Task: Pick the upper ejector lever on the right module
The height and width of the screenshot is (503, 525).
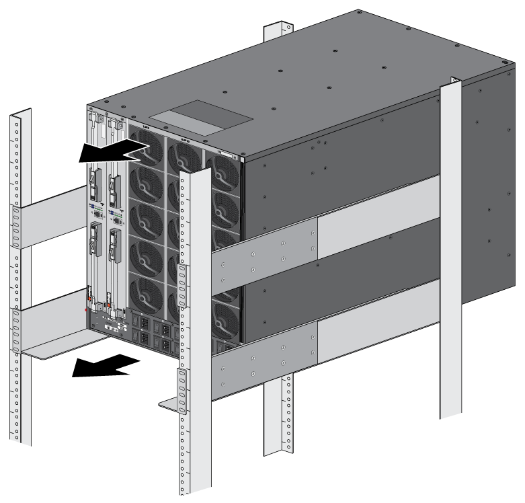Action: pos(115,185)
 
